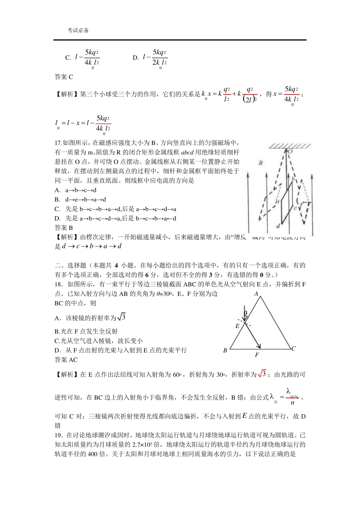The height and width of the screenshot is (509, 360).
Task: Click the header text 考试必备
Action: (78, 31)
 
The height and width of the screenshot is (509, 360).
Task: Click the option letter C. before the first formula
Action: (68, 58)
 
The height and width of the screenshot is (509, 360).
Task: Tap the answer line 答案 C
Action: (64, 77)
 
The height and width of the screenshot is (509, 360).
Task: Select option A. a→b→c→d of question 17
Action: (76, 190)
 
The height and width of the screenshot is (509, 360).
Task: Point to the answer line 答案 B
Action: (64, 228)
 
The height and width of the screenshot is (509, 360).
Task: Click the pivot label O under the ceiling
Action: (290, 151)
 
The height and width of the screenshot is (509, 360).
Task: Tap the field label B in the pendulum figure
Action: (261, 163)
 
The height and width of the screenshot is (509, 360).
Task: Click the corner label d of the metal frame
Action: (278, 226)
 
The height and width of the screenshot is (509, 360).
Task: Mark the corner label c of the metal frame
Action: (295, 208)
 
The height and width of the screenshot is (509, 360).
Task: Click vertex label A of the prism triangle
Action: (256, 294)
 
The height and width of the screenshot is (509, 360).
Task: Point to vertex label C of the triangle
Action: (293, 349)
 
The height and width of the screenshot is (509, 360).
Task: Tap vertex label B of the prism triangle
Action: (225, 350)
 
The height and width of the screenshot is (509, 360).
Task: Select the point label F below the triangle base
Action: (257, 355)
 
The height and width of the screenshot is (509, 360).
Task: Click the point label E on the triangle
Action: (238, 326)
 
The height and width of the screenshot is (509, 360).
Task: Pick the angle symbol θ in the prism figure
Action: (246, 313)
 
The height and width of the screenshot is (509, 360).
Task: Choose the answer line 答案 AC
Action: (66, 360)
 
